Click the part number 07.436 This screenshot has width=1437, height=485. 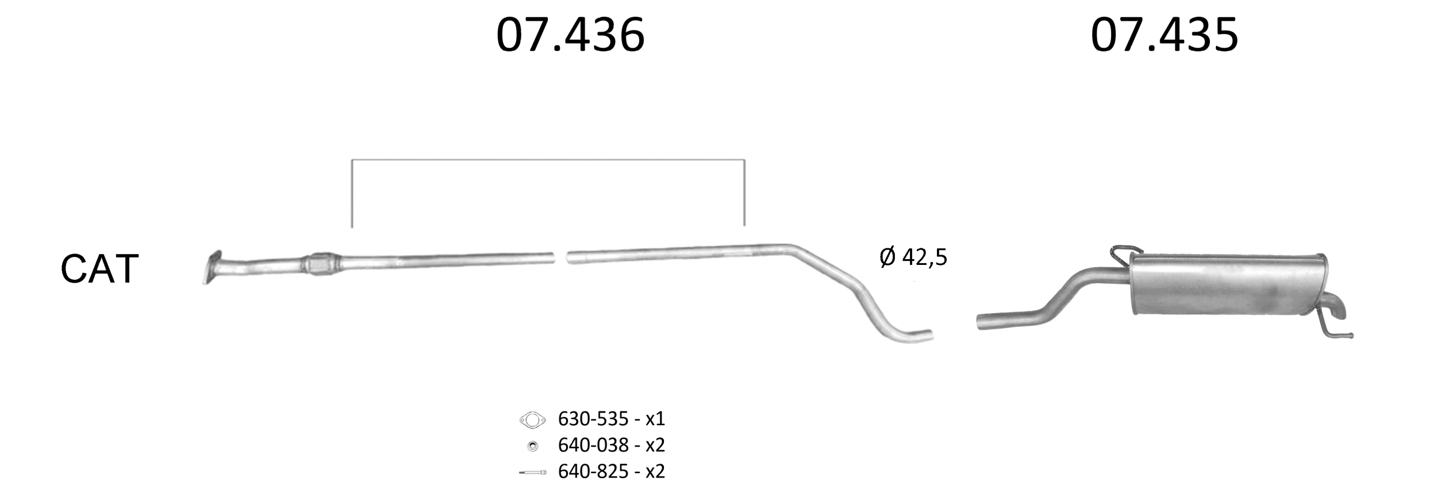[570, 36]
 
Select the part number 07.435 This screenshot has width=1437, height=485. [1164, 36]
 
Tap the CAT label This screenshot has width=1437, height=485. [99, 269]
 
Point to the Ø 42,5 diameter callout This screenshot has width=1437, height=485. [913, 257]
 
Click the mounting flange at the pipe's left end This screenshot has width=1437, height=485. [212, 267]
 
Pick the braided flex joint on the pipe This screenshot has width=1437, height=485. [322, 264]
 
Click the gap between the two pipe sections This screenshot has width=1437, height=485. [560, 257]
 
